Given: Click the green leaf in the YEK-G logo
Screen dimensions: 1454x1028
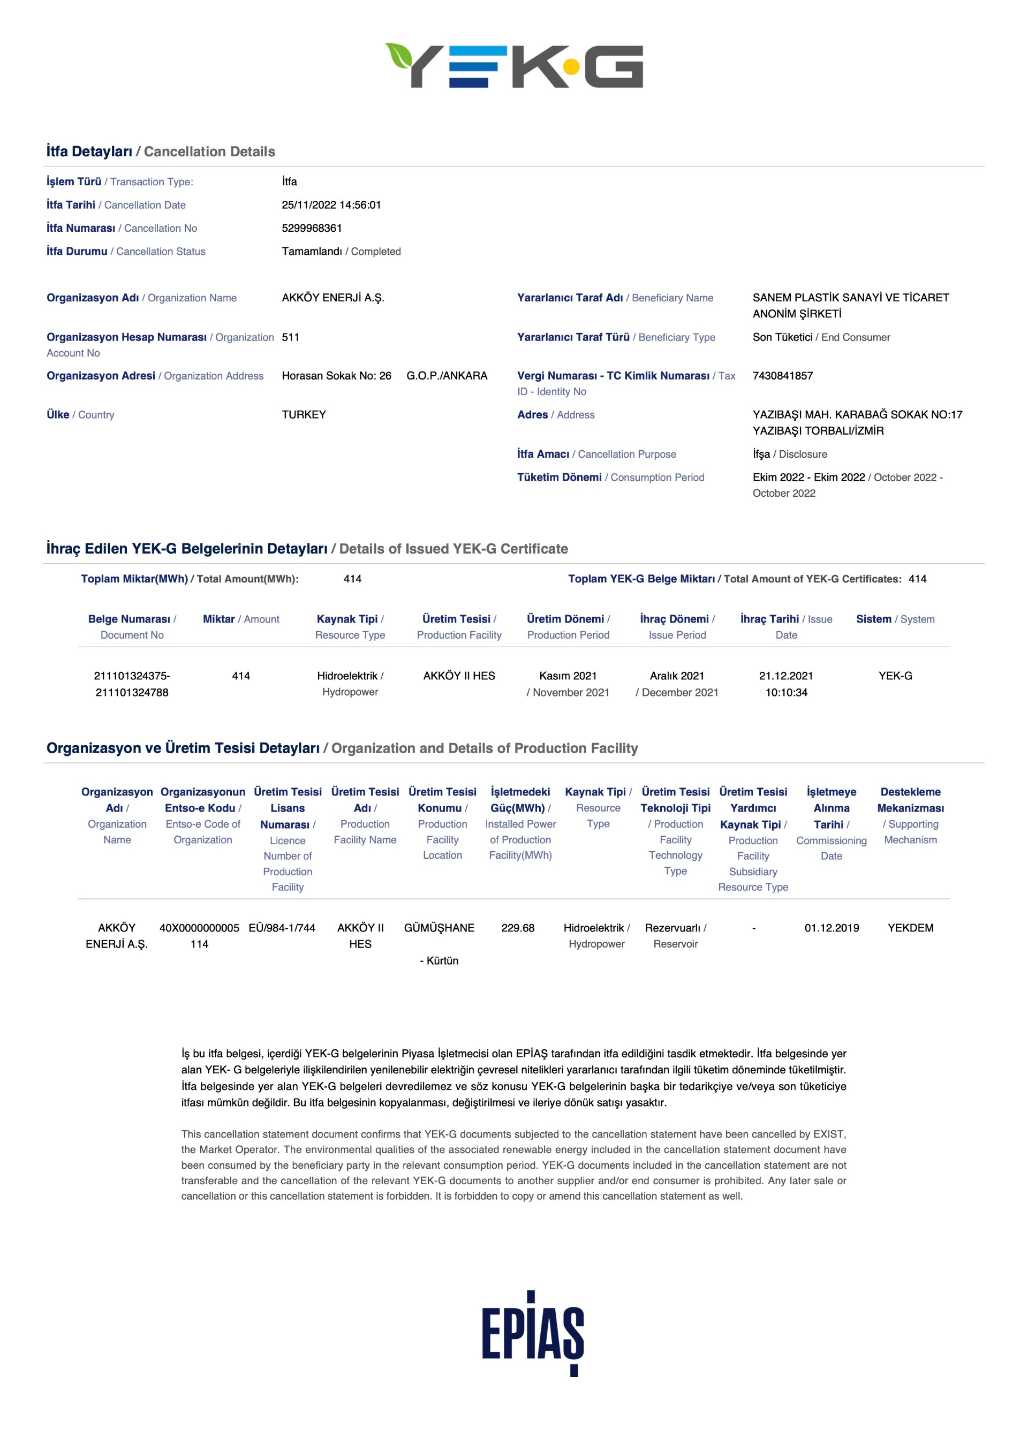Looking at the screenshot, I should tap(399, 55).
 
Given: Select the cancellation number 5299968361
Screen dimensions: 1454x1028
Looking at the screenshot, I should tap(312, 228).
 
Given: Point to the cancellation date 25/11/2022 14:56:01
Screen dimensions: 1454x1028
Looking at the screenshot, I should tap(331, 205).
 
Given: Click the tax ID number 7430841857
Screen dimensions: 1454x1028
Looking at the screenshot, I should tap(782, 375).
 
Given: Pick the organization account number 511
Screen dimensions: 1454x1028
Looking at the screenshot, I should tap(291, 337).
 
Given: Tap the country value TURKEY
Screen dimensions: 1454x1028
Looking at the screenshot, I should tap(304, 415).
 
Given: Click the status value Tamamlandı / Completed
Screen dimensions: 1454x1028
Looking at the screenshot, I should tap(341, 252).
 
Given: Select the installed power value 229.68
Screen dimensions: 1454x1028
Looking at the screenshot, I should tap(518, 928).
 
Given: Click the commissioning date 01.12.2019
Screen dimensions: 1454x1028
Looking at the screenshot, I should tap(832, 928).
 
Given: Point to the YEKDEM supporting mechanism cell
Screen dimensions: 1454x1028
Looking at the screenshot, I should tap(910, 928).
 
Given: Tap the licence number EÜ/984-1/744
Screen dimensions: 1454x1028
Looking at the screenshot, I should tap(282, 928).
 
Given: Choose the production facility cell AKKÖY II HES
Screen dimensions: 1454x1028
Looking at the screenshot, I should tap(459, 676).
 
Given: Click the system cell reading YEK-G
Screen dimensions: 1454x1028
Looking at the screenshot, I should tap(895, 676).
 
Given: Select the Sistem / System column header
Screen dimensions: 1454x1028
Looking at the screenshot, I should tap(895, 619).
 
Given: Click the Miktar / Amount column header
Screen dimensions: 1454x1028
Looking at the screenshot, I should tap(241, 619).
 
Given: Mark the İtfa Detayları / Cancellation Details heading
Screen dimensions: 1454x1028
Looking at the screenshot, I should tap(161, 152).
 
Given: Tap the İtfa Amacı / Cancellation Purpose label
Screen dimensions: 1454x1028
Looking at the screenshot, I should tap(596, 454).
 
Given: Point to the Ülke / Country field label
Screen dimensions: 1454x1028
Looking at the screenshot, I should tap(80, 415).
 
